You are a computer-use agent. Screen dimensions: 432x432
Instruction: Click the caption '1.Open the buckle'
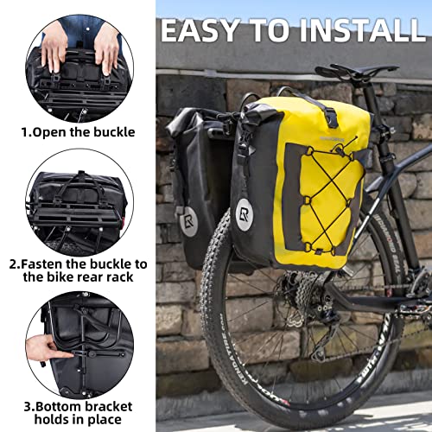[x=79, y=132]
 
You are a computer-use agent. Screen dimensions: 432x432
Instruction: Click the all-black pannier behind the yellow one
[x=194, y=173]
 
